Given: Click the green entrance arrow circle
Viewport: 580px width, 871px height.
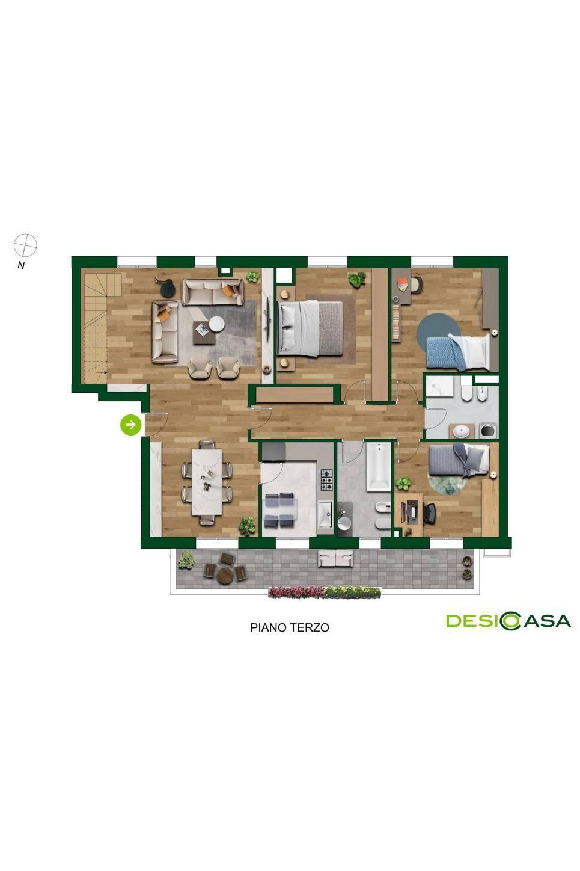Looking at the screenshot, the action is coord(130,425).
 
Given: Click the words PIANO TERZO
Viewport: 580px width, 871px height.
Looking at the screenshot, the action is coord(290,627).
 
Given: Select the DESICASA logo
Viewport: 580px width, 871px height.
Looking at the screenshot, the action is coord(508,621).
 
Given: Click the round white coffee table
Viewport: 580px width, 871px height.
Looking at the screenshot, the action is coord(217,324).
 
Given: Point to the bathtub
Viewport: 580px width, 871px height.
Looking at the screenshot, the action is coord(378,467).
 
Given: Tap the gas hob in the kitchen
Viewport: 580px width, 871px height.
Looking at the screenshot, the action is coord(326,480).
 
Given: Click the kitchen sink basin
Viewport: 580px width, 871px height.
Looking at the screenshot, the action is coord(325,514).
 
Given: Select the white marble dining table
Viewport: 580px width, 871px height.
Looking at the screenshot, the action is coord(207,482).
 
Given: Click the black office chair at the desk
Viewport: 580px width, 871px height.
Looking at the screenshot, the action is coord(429,513).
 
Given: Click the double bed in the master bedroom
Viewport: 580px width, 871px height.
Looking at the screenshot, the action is coord(310,328).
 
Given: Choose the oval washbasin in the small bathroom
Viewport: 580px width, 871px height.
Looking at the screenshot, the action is coord(462,431).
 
